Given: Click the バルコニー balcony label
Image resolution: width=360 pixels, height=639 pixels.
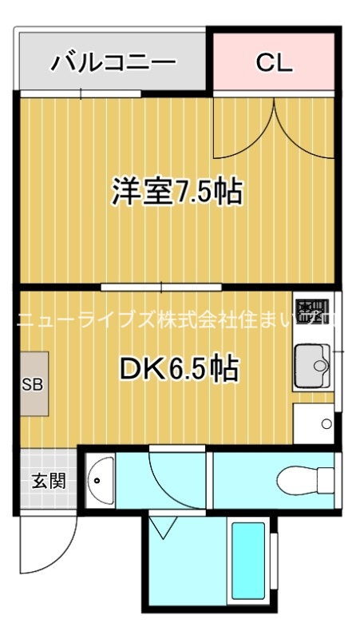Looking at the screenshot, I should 113,62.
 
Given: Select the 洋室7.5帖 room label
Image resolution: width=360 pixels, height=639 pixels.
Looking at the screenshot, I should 176,192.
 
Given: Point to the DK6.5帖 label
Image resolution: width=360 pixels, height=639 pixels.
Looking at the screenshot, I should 179,368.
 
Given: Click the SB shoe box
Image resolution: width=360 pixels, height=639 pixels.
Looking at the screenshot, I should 33,383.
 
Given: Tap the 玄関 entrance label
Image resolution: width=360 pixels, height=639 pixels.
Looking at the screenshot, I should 45,481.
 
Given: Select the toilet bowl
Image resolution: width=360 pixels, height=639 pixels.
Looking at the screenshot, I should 304,479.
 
